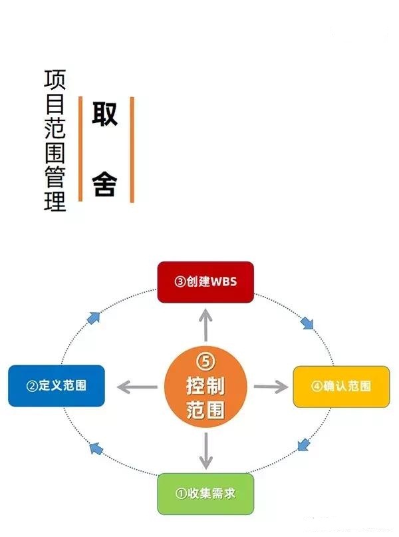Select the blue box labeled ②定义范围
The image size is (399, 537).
click(57, 385)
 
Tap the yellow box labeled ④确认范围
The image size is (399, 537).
click(341, 386)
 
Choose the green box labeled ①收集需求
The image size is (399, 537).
click(205, 493)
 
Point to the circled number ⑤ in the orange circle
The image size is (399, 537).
click(205, 361)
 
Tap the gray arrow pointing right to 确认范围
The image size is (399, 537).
click(269, 386)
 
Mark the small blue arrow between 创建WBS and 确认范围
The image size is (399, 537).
click(307, 323)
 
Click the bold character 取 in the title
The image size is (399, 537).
click(104, 114)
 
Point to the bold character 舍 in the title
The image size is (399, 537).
click(104, 183)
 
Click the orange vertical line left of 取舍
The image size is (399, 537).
click(80, 148)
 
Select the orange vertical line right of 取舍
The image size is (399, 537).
click(132, 148)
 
